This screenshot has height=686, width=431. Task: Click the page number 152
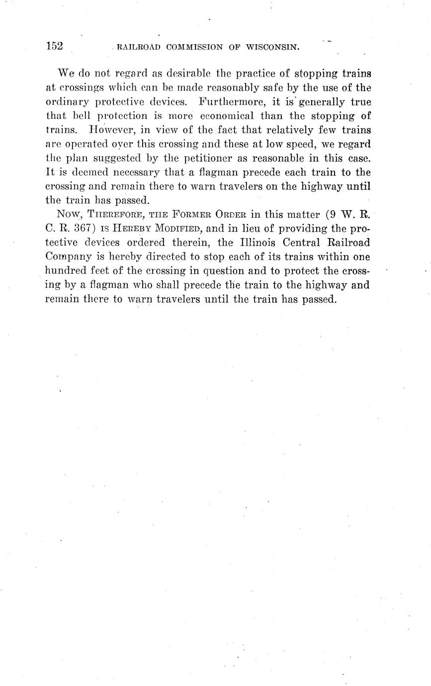(54, 46)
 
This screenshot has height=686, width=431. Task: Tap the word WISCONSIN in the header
(270, 48)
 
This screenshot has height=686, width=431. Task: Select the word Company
(67, 257)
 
